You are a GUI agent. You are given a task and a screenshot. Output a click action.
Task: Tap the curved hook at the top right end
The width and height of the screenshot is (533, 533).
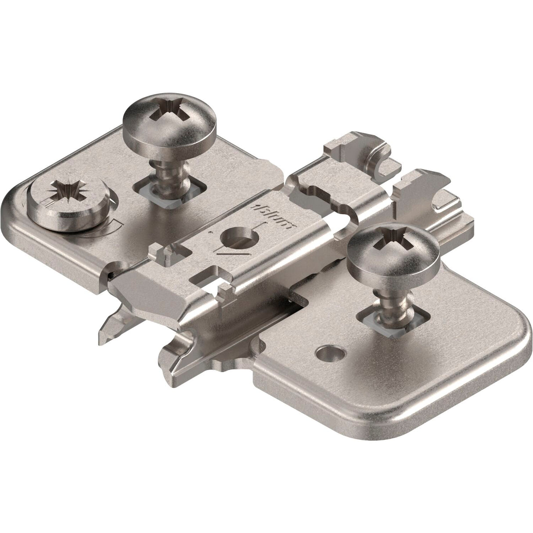pyautogui.click(x=378, y=162)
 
